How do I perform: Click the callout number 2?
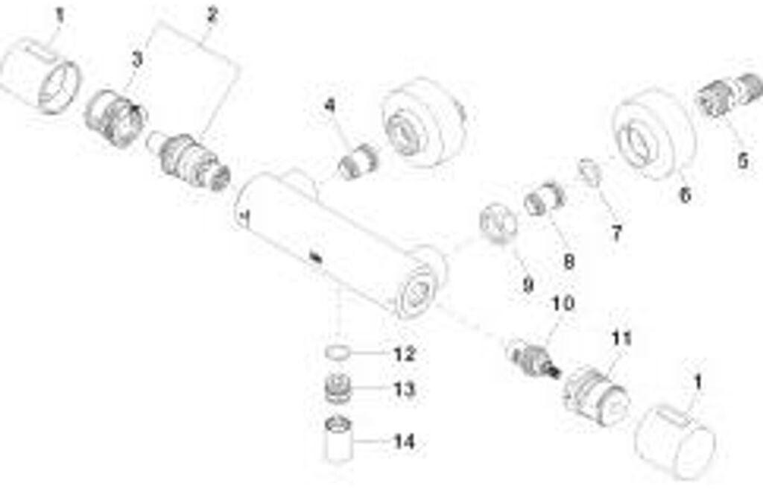point(212,15)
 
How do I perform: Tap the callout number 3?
point(138,60)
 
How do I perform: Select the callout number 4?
point(330,105)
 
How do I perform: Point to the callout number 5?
point(742,161)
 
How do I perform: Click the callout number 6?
point(686,195)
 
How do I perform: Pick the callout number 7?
point(616,233)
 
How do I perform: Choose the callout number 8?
point(569,262)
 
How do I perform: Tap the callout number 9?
point(528,285)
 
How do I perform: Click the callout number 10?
point(563,304)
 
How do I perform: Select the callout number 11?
point(621,338)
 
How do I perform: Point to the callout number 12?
point(405,354)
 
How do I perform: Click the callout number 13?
point(405,390)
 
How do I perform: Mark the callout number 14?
point(405,442)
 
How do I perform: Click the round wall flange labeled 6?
point(651,133)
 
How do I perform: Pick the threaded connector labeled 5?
point(729,95)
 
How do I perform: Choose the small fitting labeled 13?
point(338,388)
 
